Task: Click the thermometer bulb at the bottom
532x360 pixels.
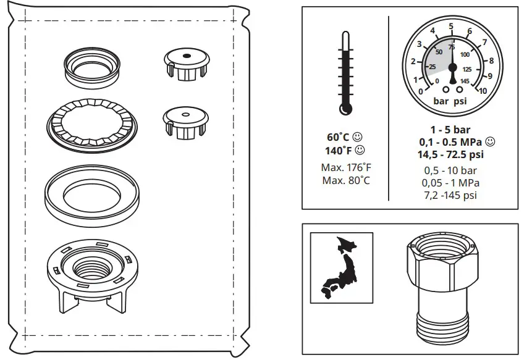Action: click(345, 109)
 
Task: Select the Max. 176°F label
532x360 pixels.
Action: click(346, 167)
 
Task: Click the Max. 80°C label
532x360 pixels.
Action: click(346, 180)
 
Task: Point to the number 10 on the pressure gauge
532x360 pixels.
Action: click(483, 91)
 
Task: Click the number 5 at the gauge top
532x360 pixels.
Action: click(451, 26)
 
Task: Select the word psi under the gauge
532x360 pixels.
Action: click(462, 101)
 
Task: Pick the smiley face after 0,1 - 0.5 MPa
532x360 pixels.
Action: click(491, 141)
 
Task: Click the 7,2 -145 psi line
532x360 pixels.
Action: click(450, 195)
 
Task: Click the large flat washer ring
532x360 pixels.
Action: click(91, 192)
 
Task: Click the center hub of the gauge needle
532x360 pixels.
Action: click(452, 67)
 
